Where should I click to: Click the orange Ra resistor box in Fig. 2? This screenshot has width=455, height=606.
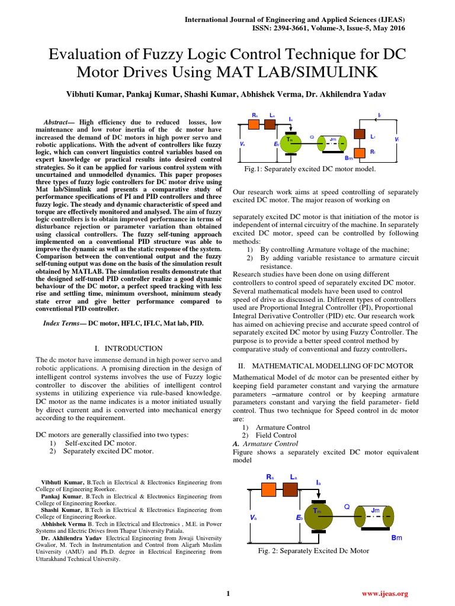click(269, 489)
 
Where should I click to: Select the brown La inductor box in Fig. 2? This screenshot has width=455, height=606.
click(290, 489)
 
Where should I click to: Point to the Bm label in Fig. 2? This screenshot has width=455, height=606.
click(396, 537)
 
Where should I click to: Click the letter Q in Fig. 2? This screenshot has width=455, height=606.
click(347, 507)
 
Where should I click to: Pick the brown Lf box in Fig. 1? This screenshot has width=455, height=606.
click(359, 134)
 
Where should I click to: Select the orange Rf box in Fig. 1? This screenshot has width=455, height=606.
click(359, 152)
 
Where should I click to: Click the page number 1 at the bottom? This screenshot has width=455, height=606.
click(228, 593)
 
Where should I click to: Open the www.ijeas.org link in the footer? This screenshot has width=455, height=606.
click(385, 593)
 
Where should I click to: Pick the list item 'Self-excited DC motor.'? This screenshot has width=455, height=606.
click(100, 443)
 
